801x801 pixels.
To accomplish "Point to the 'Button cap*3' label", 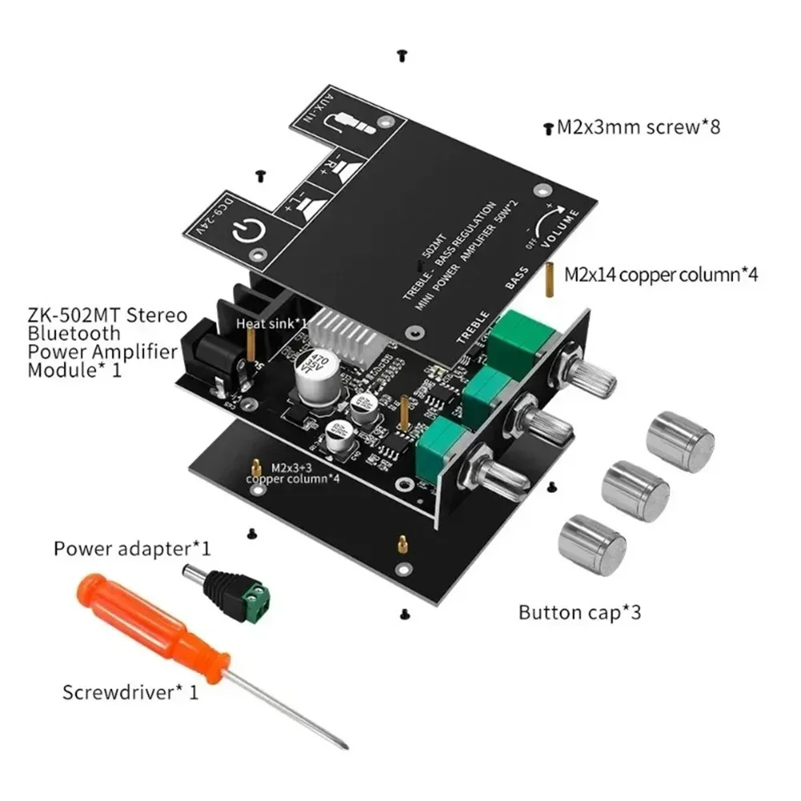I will point(580,614).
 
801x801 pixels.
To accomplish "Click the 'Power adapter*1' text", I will point(132,549).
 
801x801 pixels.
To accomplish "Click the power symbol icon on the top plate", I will point(244,232).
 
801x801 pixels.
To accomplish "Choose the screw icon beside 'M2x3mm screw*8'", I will point(548,127).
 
